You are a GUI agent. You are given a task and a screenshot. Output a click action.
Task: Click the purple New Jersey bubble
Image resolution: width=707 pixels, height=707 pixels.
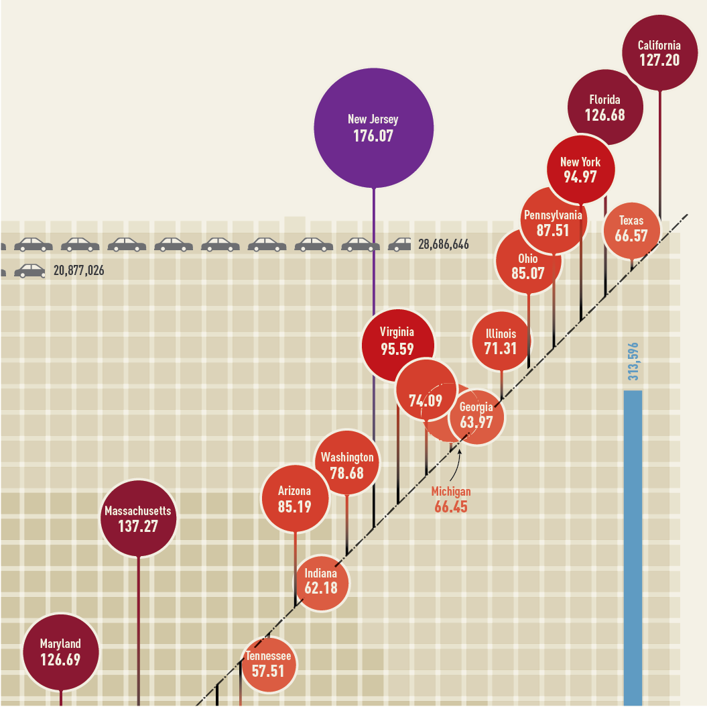click(x=373, y=128)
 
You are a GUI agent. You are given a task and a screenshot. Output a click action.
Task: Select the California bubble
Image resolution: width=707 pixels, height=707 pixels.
click(x=659, y=53)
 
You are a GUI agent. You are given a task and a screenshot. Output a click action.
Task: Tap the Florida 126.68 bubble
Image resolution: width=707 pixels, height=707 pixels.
click(x=604, y=107)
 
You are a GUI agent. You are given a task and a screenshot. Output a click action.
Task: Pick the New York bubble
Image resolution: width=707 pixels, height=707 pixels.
click(x=580, y=170)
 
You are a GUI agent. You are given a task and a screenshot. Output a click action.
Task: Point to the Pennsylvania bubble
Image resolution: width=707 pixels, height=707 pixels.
click(x=554, y=221)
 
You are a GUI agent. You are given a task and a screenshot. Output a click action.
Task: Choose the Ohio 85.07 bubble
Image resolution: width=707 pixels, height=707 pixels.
click(x=528, y=265)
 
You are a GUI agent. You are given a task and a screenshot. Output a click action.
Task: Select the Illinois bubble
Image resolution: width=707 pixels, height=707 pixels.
click(x=501, y=341)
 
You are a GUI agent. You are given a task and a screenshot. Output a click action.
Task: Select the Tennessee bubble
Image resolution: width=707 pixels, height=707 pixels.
click(x=268, y=664)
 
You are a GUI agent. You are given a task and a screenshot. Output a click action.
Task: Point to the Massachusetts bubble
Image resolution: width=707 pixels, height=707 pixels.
click(x=138, y=519)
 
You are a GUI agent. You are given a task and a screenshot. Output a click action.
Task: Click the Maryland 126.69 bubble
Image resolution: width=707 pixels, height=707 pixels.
click(x=60, y=651)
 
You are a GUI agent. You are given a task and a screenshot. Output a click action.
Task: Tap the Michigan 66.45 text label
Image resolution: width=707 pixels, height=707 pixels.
click(x=451, y=499)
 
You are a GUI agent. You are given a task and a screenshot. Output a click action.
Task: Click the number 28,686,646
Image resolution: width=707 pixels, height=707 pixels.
click(x=444, y=245)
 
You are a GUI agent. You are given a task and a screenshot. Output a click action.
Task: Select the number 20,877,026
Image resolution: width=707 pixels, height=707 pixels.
click(x=79, y=272)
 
